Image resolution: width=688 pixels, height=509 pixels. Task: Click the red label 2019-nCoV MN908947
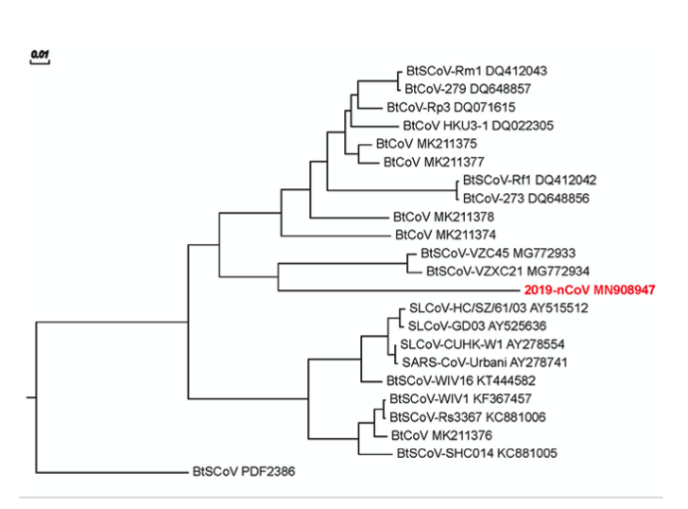(x=590, y=290)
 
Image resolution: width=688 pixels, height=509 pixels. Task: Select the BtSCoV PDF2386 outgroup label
(x=244, y=470)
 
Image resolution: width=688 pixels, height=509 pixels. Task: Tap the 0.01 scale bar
(x=40, y=57)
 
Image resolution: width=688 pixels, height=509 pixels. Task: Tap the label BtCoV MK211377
(x=427, y=162)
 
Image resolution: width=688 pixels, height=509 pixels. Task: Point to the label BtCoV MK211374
(x=445, y=234)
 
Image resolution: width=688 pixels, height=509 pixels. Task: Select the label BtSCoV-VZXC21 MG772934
(x=495, y=272)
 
